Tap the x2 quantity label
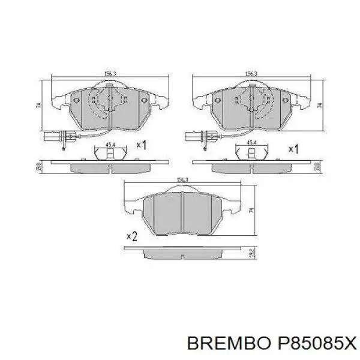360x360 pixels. tap(133, 236)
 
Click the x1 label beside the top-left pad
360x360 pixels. tap(142, 145)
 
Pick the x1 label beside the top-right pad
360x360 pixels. tap(293, 148)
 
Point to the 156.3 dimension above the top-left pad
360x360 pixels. tap(110, 74)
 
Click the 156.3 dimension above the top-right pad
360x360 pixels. tap(252, 74)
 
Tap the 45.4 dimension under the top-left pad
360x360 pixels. tap(110, 144)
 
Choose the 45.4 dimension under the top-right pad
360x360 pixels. tap(253, 143)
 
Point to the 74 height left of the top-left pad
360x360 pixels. tap(39, 105)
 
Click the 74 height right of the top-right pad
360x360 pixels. tap(320, 105)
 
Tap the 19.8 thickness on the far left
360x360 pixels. tap(39, 166)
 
